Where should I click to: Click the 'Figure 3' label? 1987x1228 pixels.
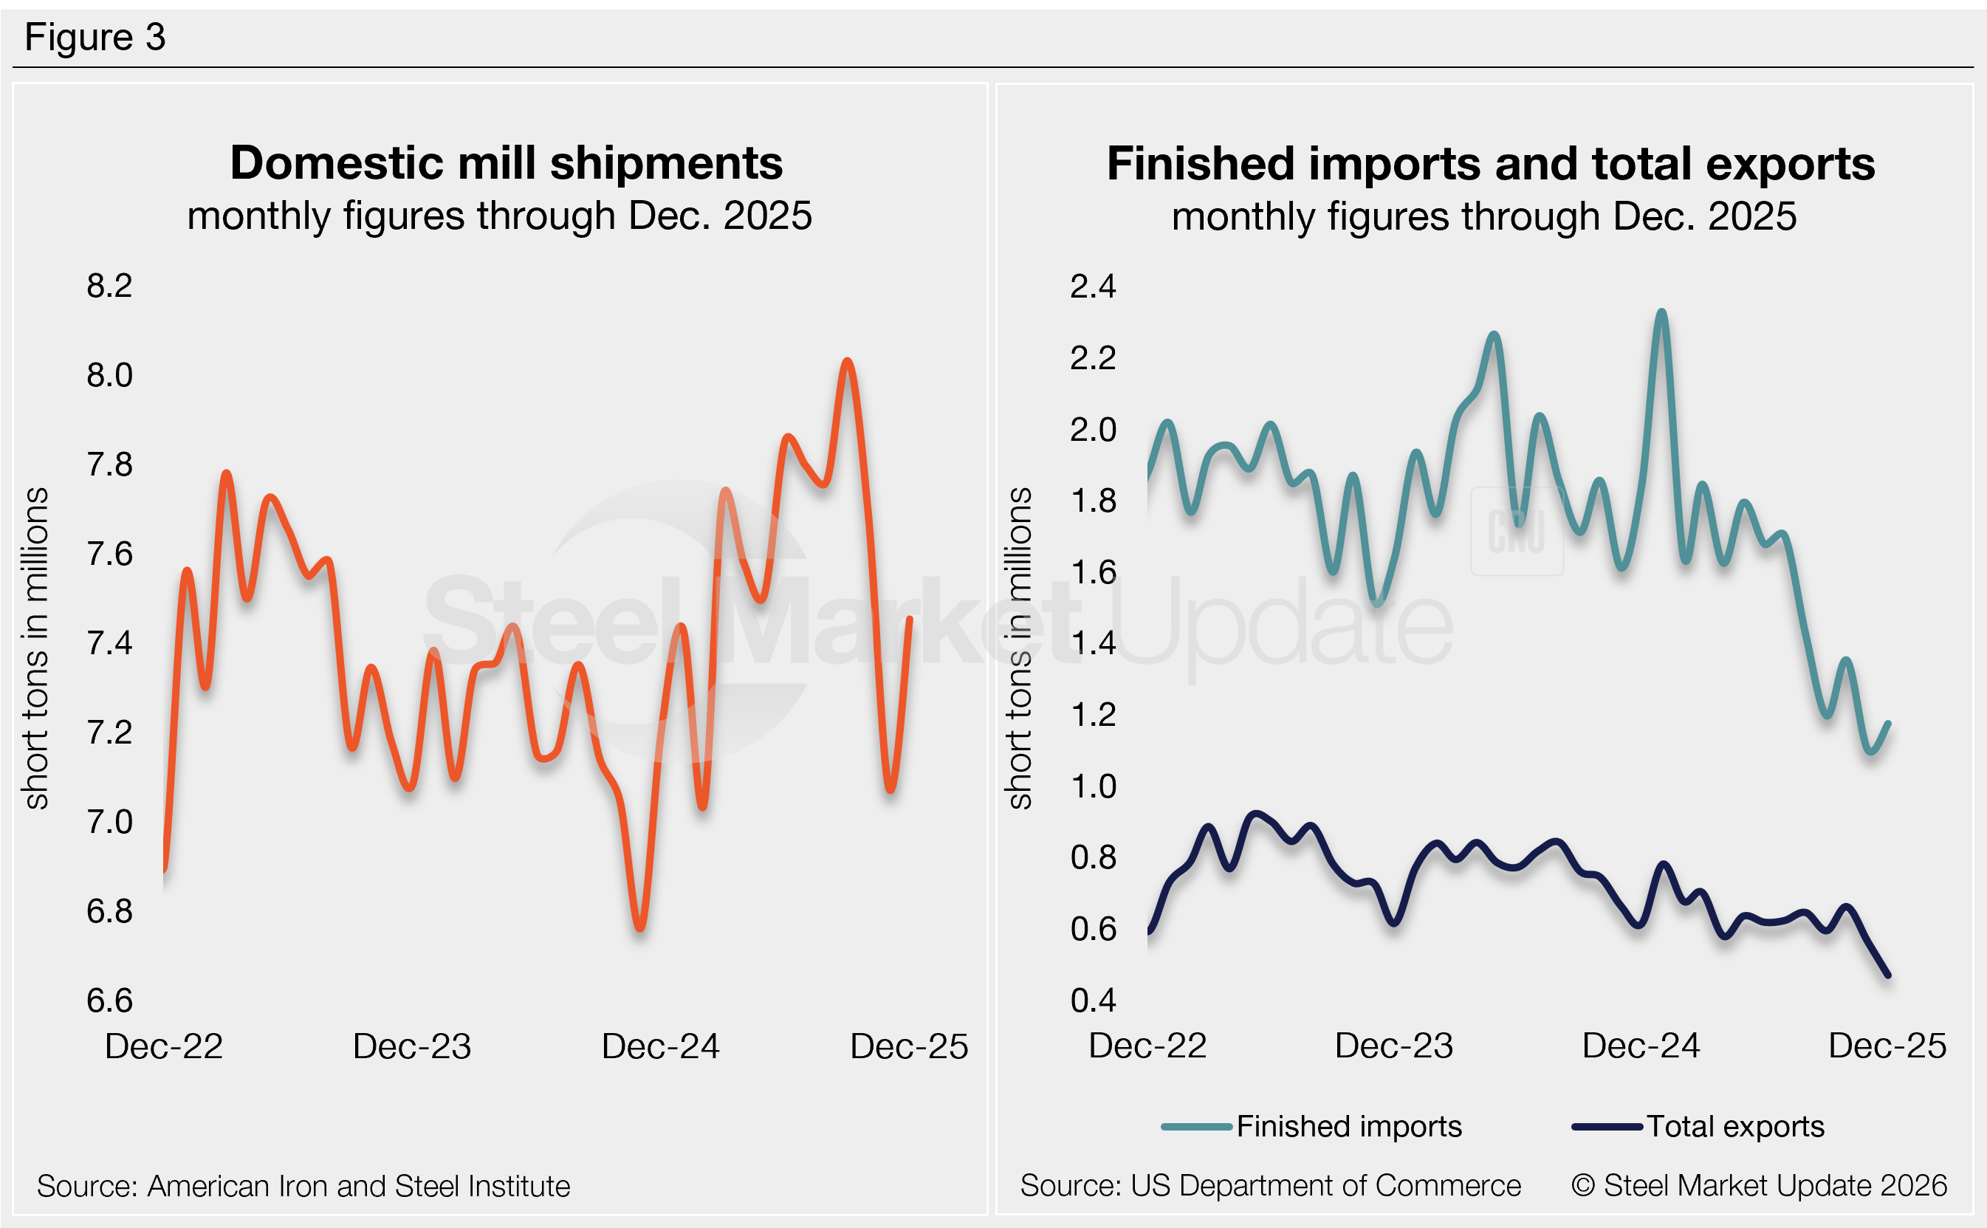[95, 38]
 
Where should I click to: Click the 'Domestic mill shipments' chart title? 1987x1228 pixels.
[506, 163]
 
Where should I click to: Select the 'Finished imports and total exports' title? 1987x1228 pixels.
[1490, 164]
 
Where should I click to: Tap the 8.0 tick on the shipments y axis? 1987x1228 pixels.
[109, 375]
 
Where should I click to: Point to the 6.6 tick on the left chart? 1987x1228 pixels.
[109, 1001]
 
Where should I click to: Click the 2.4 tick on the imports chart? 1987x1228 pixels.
[1092, 287]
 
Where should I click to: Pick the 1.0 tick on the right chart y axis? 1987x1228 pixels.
[1092, 786]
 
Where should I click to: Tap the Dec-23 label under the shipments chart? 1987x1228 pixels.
[412, 1046]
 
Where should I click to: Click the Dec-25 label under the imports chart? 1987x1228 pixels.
[1887, 1046]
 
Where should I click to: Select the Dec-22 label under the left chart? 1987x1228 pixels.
[164, 1046]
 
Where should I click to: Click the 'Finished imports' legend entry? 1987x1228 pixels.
[1348, 1127]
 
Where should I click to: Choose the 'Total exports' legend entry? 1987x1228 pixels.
[1734, 1127]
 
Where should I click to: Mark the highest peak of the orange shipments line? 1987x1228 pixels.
[847, 360]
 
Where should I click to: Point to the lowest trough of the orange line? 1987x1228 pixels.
[640, 927]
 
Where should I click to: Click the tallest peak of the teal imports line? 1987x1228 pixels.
[1662, 312]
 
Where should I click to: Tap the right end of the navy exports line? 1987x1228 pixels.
[1887, 975]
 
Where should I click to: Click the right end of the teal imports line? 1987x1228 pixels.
[1888, 724]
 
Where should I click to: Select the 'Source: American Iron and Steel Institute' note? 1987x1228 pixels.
[303, 1187]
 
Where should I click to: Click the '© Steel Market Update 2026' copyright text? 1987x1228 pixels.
[1759, 1186]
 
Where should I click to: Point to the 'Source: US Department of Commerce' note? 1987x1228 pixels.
[1270, 1186]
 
